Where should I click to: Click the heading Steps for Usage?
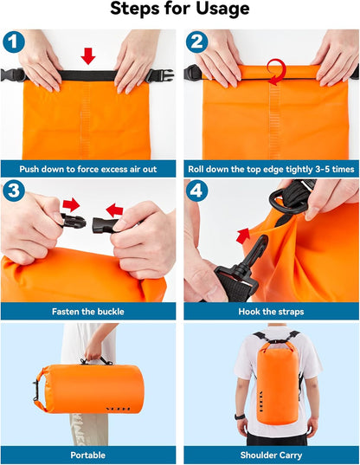coord(180,10)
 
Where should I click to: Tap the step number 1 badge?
coord(13,42)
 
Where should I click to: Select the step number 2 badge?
coord(196,42)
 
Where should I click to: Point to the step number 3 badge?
coord(13,190)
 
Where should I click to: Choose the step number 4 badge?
coord(196,190)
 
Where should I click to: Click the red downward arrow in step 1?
coord(87,56)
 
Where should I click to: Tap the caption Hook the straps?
coord(271,311)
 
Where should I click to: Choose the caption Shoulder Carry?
coord(271,454)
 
